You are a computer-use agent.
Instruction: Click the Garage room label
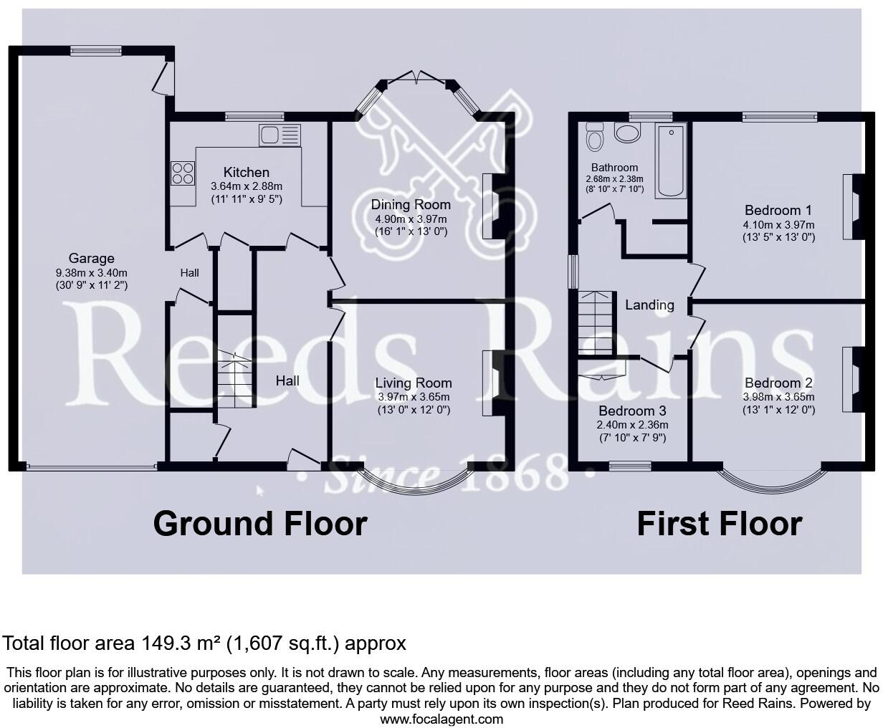(x=91, y=259)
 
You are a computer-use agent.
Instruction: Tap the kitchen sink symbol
(x=280, y=135)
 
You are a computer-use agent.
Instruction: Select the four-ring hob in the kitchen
(x=182, y=173)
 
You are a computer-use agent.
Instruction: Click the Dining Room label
(x=411, y=205)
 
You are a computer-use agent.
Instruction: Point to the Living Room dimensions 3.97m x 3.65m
(x=414, y=397)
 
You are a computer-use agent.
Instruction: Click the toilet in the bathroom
(x=594, y=136)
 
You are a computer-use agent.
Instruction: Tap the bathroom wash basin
(x=629, y=134)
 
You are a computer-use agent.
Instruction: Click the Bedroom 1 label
(x=778, y=210)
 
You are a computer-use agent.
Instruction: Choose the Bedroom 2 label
(x=778, y=383)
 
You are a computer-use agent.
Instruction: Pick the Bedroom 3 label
(x=632, y=411)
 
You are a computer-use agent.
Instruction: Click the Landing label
(x=649, y=305)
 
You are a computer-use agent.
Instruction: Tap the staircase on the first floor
(x=597, y=322)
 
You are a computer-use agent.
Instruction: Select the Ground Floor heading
(x=259, y=524)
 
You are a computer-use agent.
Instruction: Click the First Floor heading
(x=719, y=524)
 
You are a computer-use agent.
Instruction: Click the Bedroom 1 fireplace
(x=853, y=206)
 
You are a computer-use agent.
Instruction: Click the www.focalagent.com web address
(x=441, y=719)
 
